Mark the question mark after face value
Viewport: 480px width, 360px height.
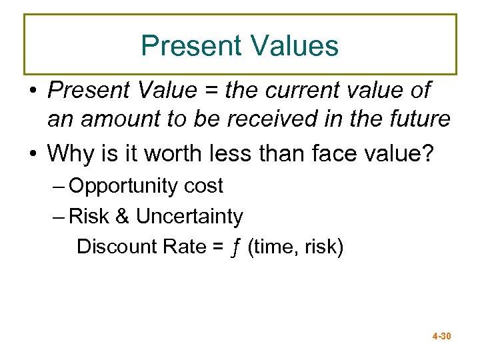coord(427,153)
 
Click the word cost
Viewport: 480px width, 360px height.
coord(203,187)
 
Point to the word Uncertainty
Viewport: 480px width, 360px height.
coord(189,217)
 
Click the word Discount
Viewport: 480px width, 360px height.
coord(115,247)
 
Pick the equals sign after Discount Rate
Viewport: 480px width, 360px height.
coord(217,247)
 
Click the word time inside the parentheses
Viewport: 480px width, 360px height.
coord(274,247)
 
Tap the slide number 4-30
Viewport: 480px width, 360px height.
coord(442,336)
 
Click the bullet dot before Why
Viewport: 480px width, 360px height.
coord(33,154)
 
